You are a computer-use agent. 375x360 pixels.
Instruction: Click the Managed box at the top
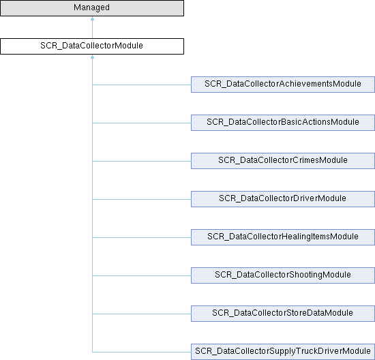coord(92,8)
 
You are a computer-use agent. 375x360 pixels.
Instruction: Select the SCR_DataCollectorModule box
coord(92,46)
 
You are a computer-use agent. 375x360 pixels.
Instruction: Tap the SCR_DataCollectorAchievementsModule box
coord(283,85)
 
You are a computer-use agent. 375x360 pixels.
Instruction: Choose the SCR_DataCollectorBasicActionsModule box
coord(283,123)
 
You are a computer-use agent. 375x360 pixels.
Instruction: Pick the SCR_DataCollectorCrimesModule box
coord(283,161)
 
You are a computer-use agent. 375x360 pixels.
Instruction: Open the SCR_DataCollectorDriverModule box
coord(283,199)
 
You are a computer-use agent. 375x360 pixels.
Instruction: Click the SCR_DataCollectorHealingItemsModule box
coord(283,237)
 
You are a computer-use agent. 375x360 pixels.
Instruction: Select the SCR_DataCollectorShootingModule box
coord(283,275)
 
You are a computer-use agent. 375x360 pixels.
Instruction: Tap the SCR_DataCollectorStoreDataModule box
coord(283,314)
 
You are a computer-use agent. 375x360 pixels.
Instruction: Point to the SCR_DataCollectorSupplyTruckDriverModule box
coord(283,352)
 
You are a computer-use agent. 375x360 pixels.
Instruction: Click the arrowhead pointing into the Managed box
coord(92,18)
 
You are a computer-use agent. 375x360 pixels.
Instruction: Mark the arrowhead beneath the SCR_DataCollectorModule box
coord(92,57)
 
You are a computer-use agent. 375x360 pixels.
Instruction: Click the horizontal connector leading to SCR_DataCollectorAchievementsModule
coord(142,85)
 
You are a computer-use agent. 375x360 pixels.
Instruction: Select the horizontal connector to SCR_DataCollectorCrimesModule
coord(142,161)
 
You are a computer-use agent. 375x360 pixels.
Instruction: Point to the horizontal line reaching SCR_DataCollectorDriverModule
coord(142,199)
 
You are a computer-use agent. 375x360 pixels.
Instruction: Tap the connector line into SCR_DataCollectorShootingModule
coord(142,275)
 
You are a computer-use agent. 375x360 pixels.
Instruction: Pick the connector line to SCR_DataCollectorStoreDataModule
coord(142,314)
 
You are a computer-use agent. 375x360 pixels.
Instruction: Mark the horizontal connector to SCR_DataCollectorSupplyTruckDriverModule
coord(142,352)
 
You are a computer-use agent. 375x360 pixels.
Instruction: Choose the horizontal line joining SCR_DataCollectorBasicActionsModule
coord(142,123)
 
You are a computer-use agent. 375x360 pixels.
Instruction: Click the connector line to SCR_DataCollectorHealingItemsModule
coord(142,237)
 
